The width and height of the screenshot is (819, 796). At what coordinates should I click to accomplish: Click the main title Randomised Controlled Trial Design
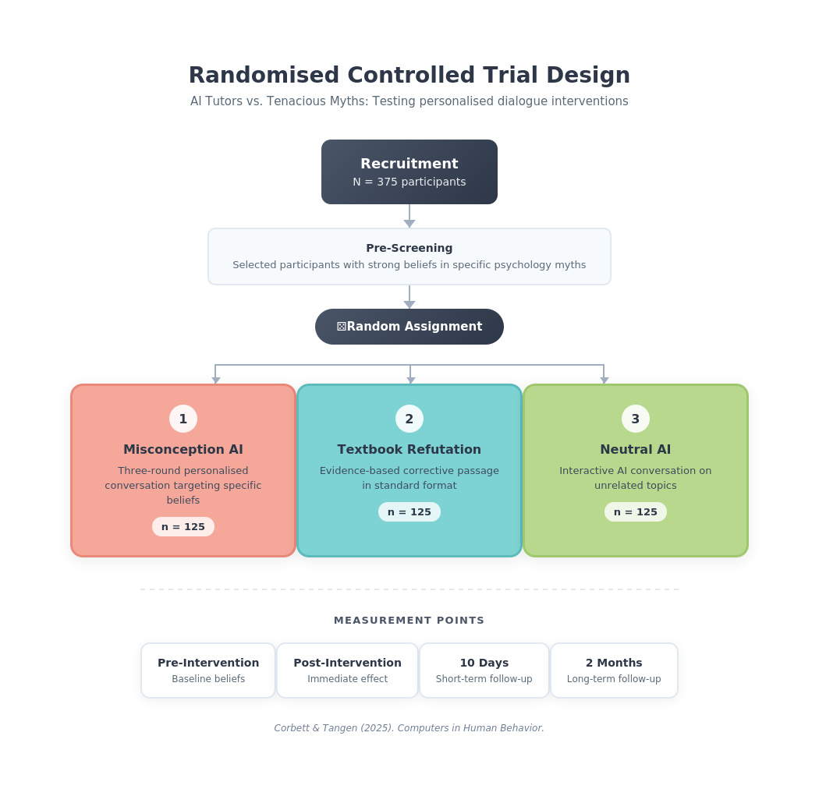(409, 76)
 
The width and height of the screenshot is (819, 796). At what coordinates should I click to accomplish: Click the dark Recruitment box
(409, 172)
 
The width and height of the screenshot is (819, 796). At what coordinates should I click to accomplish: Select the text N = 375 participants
(409, 182)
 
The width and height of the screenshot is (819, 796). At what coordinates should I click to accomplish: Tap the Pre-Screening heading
(409, 248)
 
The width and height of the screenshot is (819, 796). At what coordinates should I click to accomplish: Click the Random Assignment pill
(409, 327)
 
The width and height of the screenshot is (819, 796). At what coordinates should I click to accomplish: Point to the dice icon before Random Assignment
(342, 327)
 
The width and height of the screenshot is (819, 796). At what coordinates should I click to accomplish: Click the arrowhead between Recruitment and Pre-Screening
(409, 224)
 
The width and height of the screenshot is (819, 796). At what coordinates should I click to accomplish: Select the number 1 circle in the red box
(183, 419)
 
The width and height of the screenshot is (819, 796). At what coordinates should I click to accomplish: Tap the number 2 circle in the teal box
(409, 419)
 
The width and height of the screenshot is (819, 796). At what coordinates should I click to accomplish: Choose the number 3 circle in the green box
(635, 419)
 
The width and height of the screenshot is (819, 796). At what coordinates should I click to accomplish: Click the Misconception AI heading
(183, 450)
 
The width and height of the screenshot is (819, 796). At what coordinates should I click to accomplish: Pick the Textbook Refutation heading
(409, 450)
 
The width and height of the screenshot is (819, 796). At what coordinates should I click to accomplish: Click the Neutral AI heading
(635, 450)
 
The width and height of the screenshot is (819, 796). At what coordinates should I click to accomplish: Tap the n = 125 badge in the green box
(635, 512)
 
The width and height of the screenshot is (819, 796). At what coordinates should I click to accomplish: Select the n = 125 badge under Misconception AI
(183, 527)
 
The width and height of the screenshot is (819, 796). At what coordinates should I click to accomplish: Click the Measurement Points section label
(409, 621)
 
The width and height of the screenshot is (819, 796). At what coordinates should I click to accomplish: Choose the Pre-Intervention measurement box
(208, 670)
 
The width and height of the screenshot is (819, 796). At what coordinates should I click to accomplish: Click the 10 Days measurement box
(484, 670)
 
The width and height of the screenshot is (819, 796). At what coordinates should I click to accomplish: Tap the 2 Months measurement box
(614, 670)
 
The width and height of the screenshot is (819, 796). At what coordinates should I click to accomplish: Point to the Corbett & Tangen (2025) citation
(409, 728)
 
